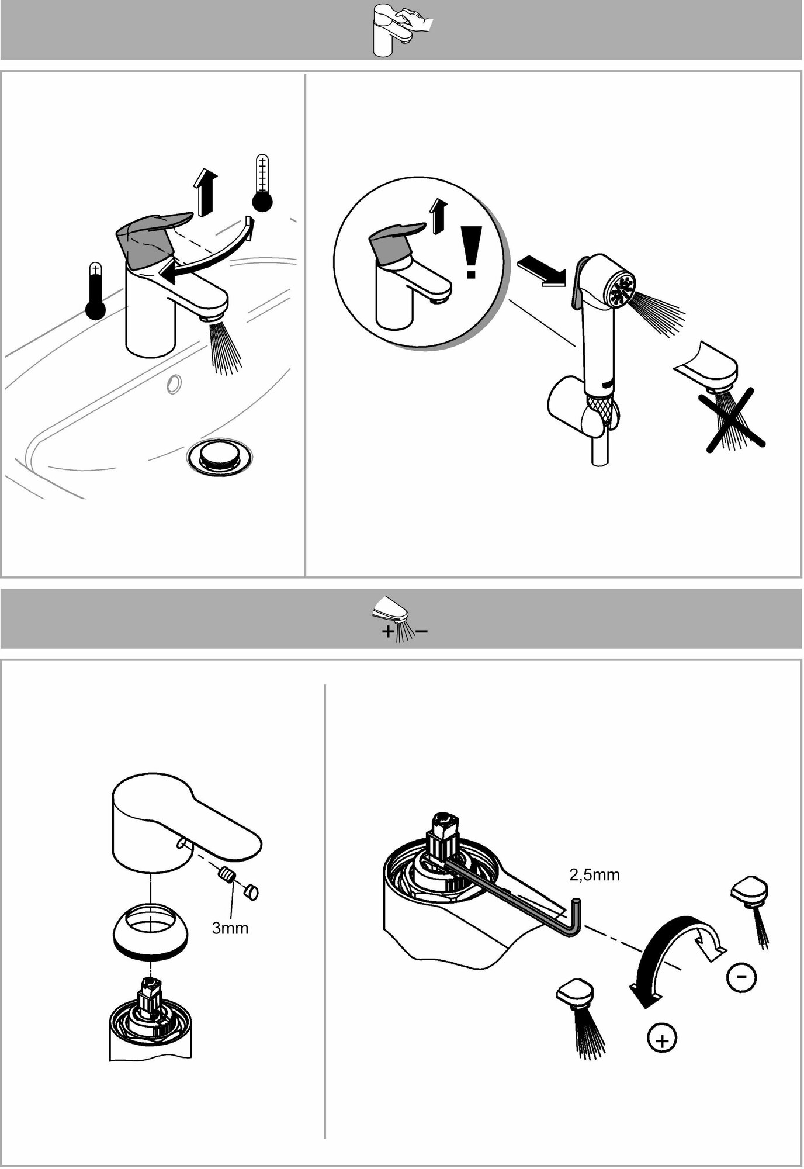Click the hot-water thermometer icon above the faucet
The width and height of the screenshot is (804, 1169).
click(262, 183)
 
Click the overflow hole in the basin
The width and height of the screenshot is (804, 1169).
click(174, 383)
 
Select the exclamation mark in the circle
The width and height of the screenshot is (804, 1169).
click(470, 253)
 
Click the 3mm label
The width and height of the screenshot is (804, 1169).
click(230, 928)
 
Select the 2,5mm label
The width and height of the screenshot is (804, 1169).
click(594, 875)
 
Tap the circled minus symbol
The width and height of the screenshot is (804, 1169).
click(741, 976)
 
